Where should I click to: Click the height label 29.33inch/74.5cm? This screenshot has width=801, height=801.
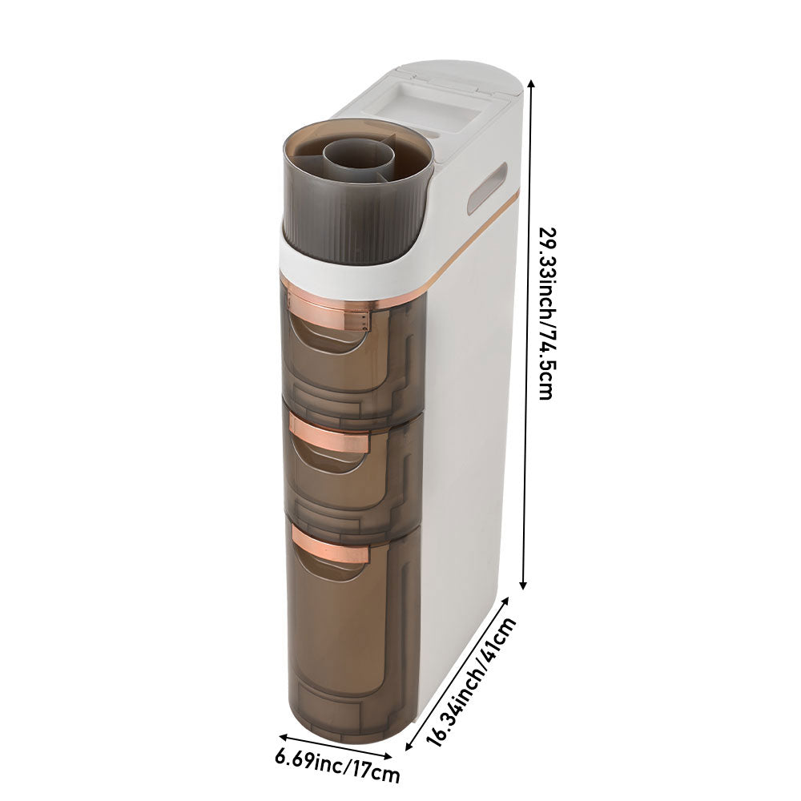(x=546, y=313)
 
